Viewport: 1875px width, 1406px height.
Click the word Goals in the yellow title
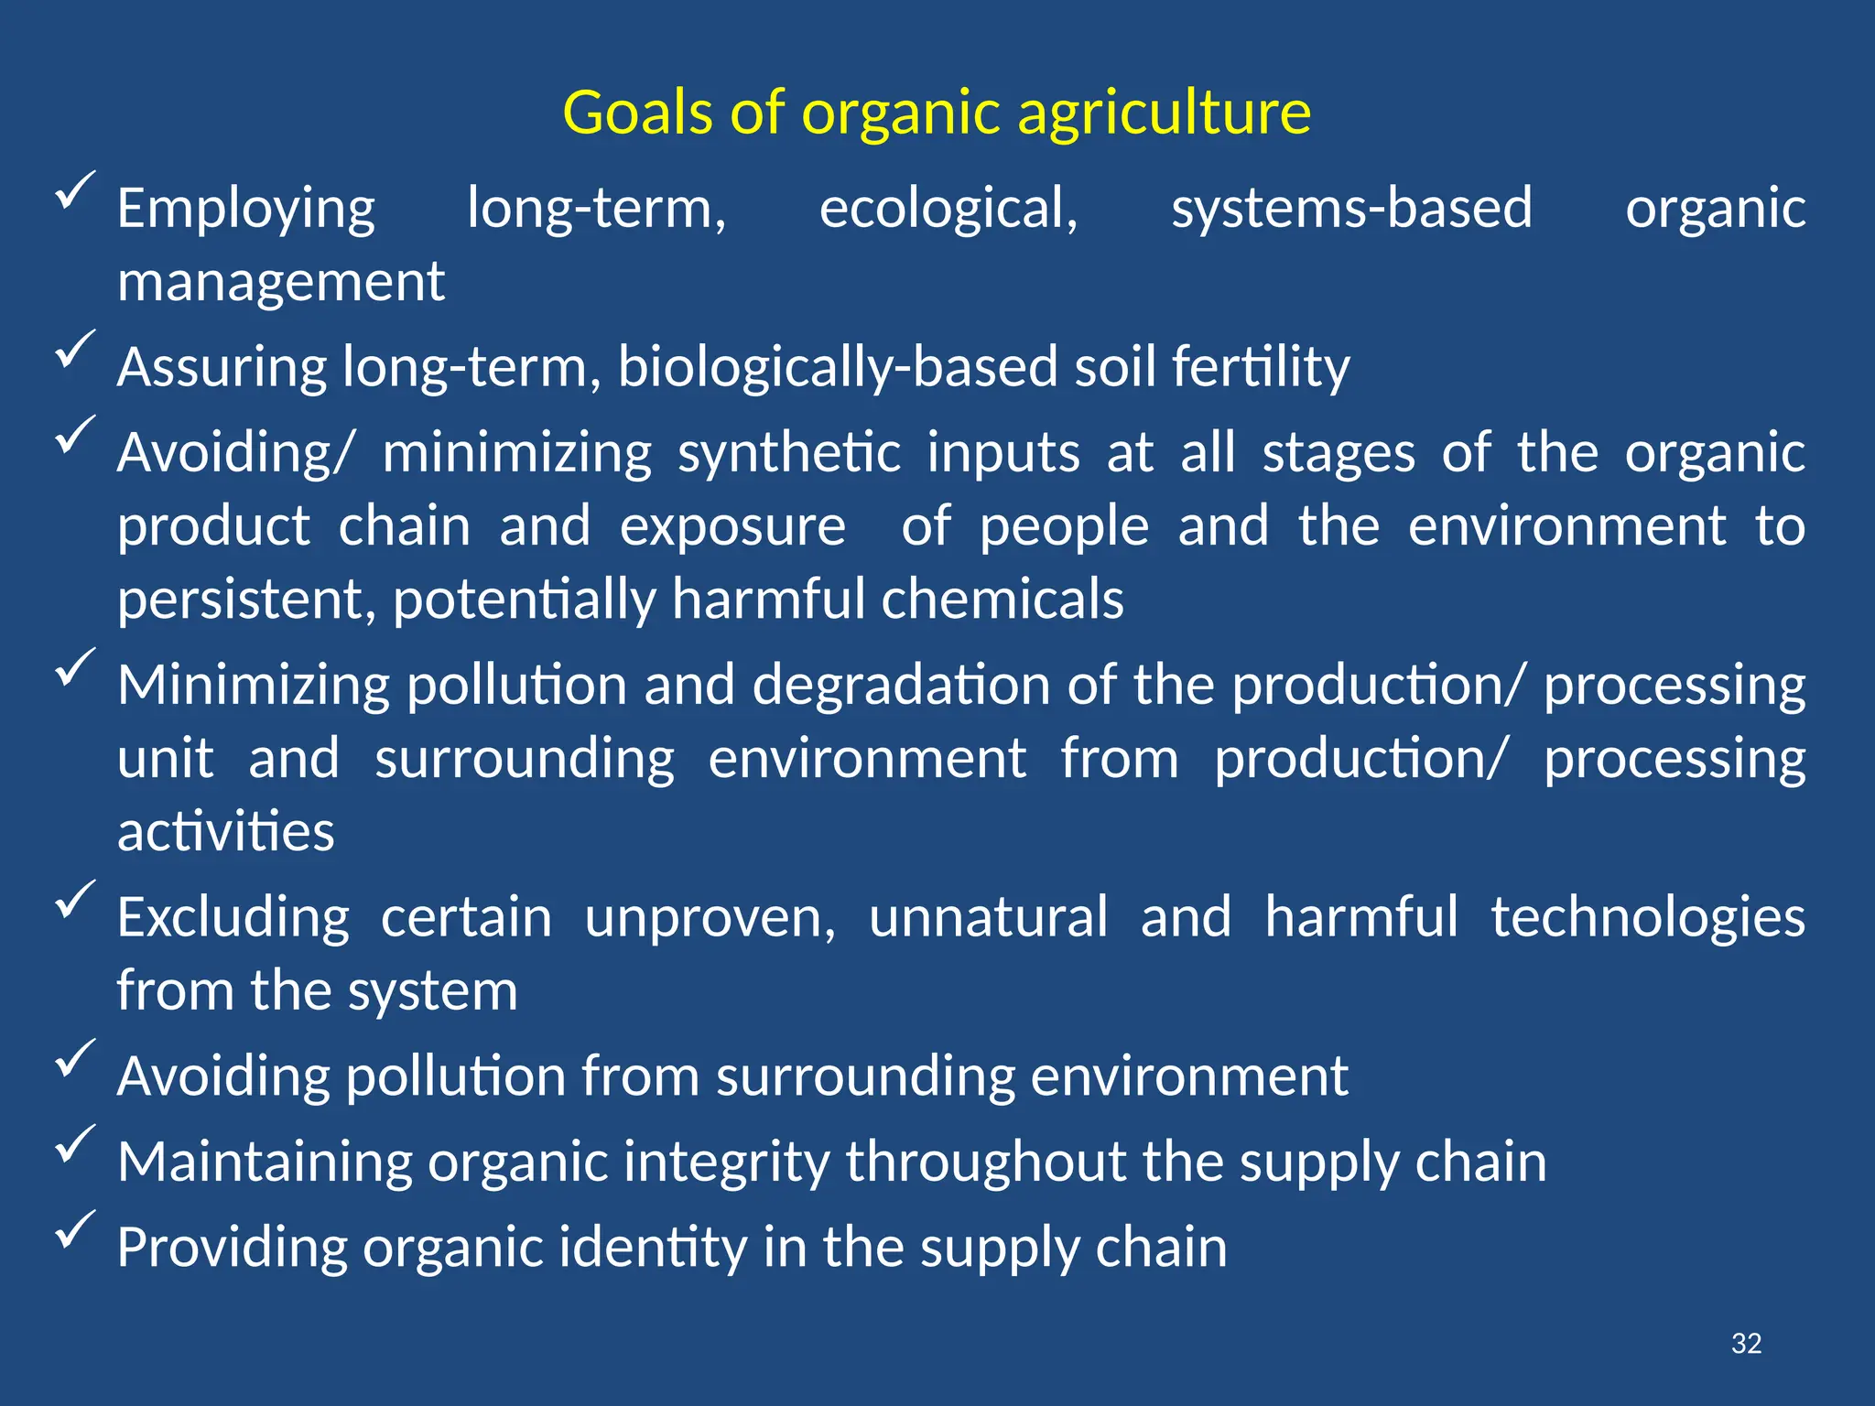click(637, 113)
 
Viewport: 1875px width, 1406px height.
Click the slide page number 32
click(1746, 1343)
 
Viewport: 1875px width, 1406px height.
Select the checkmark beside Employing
click(75, 189)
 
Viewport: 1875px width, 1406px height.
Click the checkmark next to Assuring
click(75, 348)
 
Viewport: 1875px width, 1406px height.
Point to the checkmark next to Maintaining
click(75, 1142)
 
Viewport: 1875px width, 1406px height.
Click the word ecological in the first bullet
click(948, 209)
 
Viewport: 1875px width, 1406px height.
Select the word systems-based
click(1351, 208)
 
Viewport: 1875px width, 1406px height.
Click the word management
click(281, 281)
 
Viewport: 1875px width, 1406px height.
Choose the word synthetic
click(789, 453)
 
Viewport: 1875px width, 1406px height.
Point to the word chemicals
click(1003, 600)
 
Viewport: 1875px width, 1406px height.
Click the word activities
click(226, 832)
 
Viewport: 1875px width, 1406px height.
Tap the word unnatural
click(988, 917)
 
